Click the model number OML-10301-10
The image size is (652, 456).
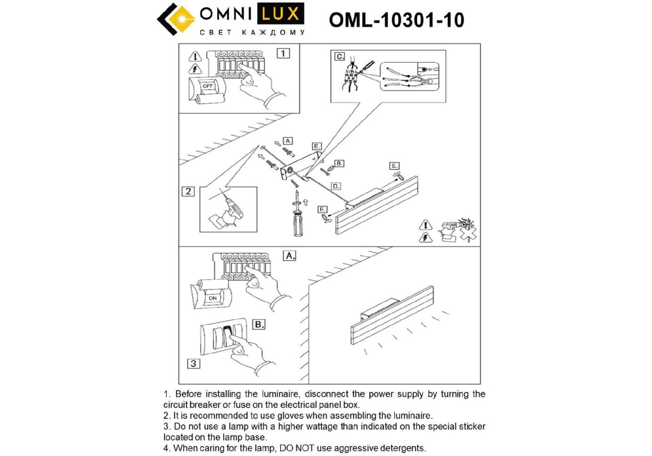pyautogui.click(x=396, y=20)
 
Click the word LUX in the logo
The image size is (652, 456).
pyautogui.click(x=281, y=14)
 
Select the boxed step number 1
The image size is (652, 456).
pyautogui.click(x=283, y=53)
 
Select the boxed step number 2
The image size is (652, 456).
pyautogui.click(x=188, y=192)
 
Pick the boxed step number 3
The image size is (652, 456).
pyautogui.click(x=194, y=364)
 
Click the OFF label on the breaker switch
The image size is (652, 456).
pyautogui.click(x=208, y=86)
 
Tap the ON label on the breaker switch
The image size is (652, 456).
pyautogui.click(x=213, y=298)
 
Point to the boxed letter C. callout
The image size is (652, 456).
pyautogui.click(x=339, y=57)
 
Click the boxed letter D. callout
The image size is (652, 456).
pyautogui.click(x=336, y=186)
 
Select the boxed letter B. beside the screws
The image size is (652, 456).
pyautogui.click(x=339, y=163)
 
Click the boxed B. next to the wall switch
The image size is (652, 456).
pyautogui.click(x=259, y=325)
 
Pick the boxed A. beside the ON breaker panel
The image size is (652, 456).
pyautogui.click(x=290, y=256)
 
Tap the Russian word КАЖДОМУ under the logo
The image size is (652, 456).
pyautogui.click(x=273, y=33)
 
